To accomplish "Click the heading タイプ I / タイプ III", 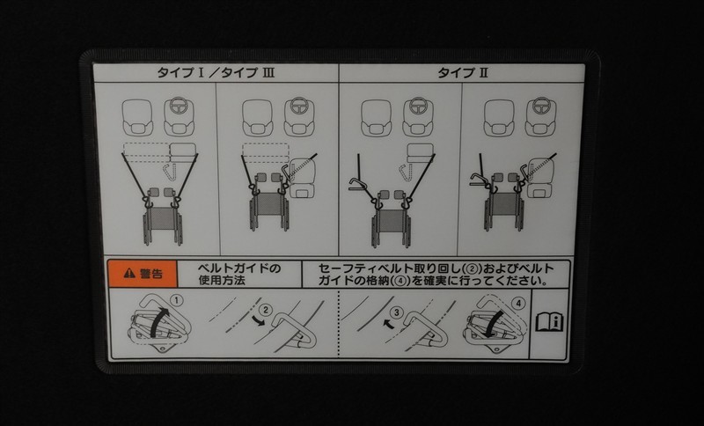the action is tap(216, 73).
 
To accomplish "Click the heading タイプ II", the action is tap(463, 73).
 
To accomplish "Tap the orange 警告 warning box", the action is tap(143, 274).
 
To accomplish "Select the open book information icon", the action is tap(549, 321).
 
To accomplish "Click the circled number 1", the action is tap(179, 300).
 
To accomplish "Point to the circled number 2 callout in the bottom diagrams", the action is tap(266, 310).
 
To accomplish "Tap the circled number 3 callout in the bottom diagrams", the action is tap(396, 312).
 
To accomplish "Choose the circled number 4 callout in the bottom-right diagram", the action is tap(518, 304).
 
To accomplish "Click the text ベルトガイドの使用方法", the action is tap(239, 275).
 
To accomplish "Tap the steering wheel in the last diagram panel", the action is tap(541, 106).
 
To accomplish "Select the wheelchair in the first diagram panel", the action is tap(163, 217).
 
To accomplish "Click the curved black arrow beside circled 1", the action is tap(159, 321).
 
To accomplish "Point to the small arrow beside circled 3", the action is tap(386, 322).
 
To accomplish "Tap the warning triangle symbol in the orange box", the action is tap(129, 273).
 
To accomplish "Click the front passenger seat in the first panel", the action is tap(137, 118).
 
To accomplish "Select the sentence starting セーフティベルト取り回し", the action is tap(436, 275).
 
